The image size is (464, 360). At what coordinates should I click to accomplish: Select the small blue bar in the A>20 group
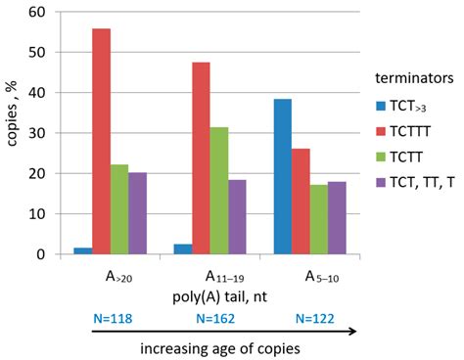82,250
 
